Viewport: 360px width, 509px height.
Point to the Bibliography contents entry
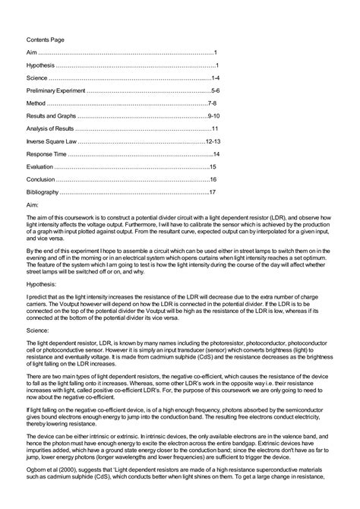pyautogui.click(x=43, y=192)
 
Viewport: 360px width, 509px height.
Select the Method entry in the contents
pyautogui.click(x=36, y=103)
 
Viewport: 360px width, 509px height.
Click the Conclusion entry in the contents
pyautogui.click(x=41, y=179)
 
